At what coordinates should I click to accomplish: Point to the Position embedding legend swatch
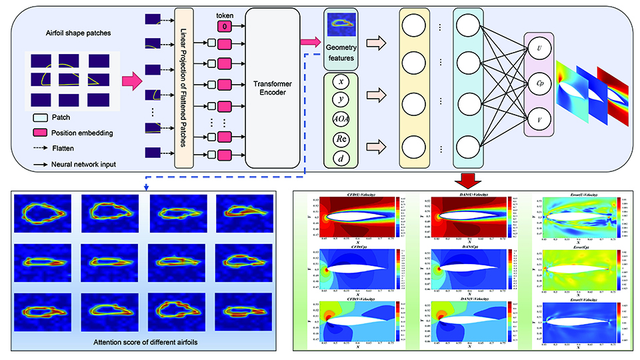[40, 132]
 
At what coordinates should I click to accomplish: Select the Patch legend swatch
[40, 117]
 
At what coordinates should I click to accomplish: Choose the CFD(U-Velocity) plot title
[358, 195]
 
